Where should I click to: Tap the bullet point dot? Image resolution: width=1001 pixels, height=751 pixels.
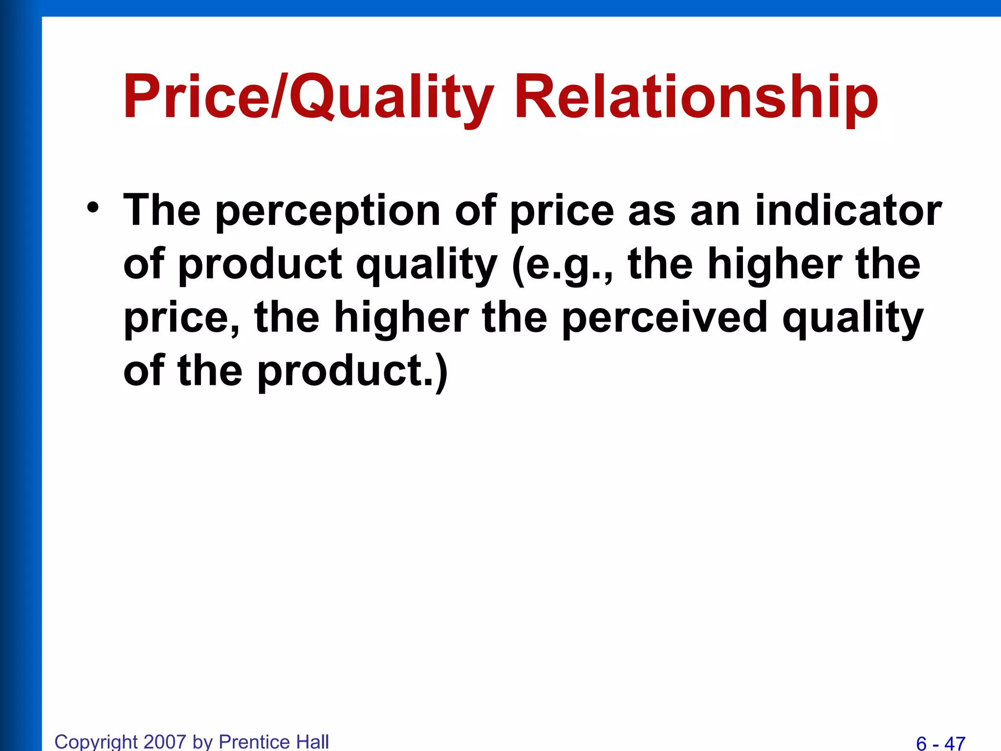click(x=93, y=207)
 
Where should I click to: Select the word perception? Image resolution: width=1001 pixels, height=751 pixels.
click(x=328, y=211)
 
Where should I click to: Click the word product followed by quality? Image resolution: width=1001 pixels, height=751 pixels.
click(x=260, y=265)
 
